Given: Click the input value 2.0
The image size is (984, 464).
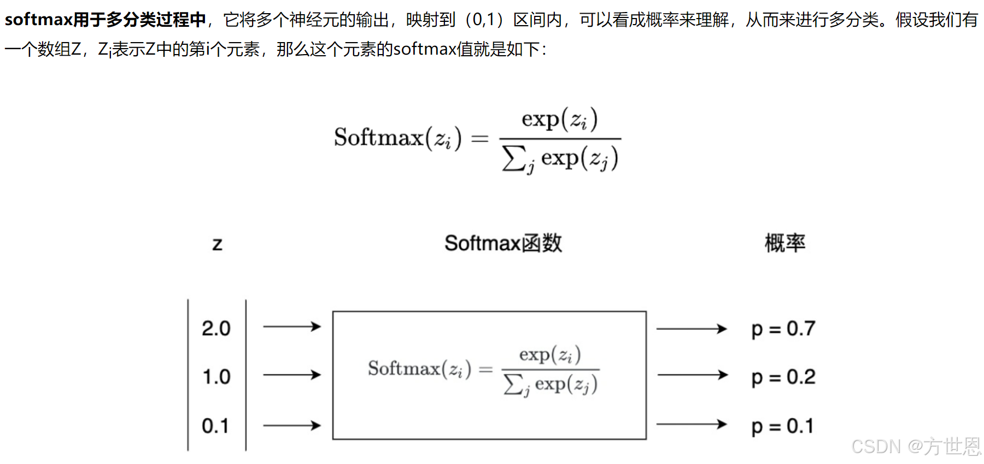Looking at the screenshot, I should pos(216,328).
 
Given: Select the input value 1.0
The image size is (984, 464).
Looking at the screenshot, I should pos(216,377).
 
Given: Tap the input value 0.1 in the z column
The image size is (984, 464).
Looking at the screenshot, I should pos(215,426).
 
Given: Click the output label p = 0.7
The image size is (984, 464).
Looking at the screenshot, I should pos(783,329).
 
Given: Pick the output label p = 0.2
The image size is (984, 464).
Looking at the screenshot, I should pos(783,377).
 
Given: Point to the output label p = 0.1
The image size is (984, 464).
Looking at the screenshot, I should pos(782,426).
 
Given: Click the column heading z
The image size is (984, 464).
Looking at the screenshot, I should pos(217,244).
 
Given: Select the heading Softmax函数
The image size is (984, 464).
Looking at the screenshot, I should pos(503,243).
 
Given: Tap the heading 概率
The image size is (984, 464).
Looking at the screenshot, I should pos(784,243).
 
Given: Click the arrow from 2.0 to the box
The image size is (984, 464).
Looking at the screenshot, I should pos(292,327).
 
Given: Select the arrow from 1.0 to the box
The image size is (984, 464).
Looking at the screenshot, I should pos(292,375).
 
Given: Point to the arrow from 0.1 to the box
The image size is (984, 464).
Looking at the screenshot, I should pos(292,425).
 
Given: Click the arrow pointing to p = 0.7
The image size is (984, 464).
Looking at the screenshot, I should pos(692,329).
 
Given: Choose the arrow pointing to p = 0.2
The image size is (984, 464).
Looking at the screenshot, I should pos(692,375).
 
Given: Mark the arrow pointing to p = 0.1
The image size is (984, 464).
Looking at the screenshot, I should pos(692,424).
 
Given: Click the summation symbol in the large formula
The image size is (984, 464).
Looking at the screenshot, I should pos(514,158).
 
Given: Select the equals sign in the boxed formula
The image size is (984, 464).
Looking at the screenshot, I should pos(485,370).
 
